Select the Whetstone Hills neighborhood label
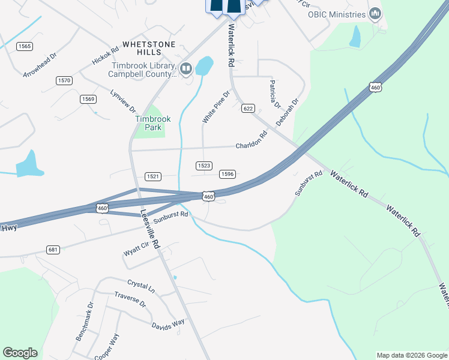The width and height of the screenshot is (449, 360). click(149, 44)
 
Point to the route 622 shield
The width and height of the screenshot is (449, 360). click(249, 109)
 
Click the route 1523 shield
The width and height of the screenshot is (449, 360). click(204, 166)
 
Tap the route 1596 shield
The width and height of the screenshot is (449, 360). click(227, 174)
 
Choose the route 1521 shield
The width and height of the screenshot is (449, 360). click(153, 176)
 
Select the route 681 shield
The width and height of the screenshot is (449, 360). click(53, 249)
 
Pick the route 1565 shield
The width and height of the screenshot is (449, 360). click(25, 46)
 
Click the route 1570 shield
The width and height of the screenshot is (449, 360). click(64, 80)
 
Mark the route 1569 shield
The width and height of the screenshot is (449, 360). click(88, 99)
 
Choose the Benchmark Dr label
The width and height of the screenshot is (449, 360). click(85, 322)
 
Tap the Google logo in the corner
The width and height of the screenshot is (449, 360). click(20, 353)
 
